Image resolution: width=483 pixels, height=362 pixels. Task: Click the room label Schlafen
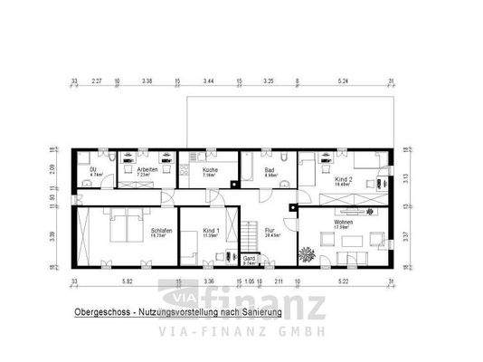pyautogui.click(x=162, y=231)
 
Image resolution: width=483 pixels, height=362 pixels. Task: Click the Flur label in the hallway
pyautogui.click(x=269, y=231)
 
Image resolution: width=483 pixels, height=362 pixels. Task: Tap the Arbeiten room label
pyautogui.click(x=148, y=169)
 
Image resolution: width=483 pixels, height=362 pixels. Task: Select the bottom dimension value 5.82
pyautogui.click(x=130, y=281)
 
